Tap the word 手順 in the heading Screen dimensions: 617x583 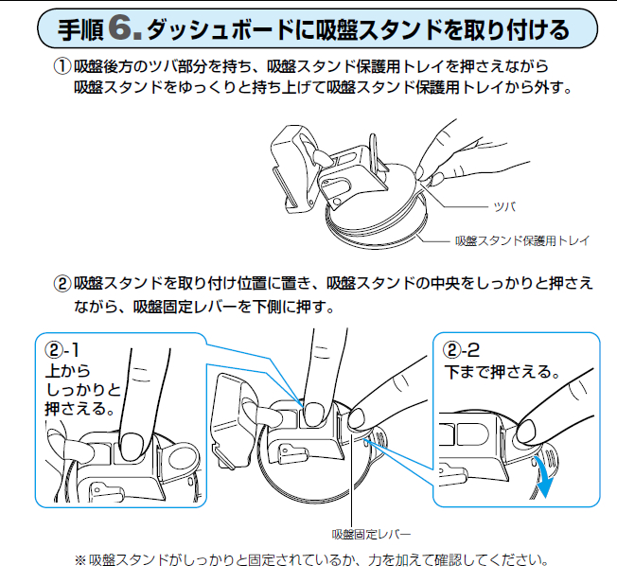pos(80,30)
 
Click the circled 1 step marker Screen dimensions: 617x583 pos(62,66)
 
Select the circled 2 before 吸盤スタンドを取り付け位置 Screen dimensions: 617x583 pos(62,284)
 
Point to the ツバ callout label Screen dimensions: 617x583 pos(504,206)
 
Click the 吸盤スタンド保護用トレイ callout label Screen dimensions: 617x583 pos(522,240)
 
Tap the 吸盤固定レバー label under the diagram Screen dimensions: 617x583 pos(371,534)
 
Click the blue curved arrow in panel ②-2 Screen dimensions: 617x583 pos(547,477)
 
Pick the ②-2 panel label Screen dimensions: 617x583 pos(462,349)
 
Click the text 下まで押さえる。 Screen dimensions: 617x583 pos(502,372)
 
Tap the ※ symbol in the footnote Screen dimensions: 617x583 pos(79,560)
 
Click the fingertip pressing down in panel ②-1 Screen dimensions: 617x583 pos(131,444)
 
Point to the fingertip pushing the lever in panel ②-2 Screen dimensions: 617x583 pos(526,432)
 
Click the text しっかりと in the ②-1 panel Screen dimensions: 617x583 pos(83,390)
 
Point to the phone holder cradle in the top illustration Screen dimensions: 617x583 pos(293,169)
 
